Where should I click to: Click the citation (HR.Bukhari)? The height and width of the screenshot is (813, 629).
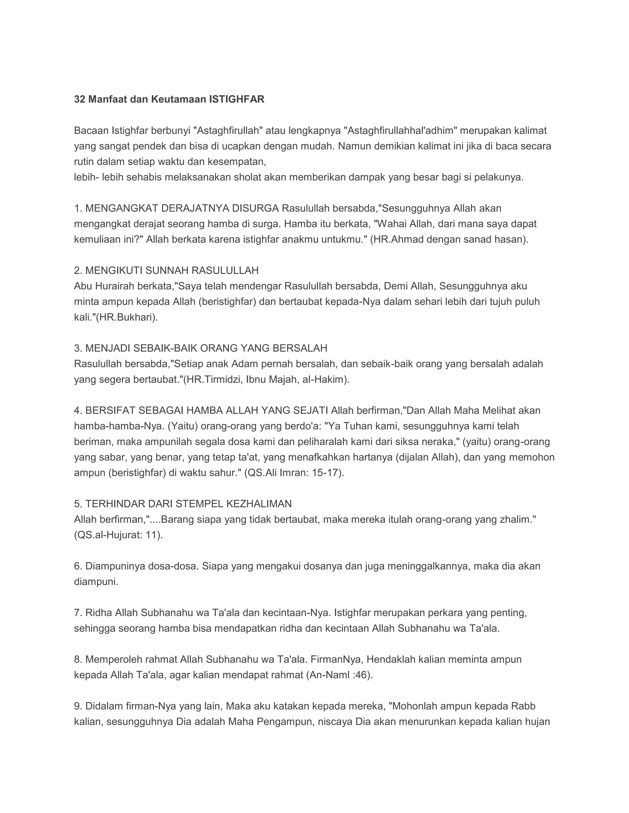[x=127, y=317]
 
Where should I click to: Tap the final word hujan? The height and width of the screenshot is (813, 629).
[x=537, y=722]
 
